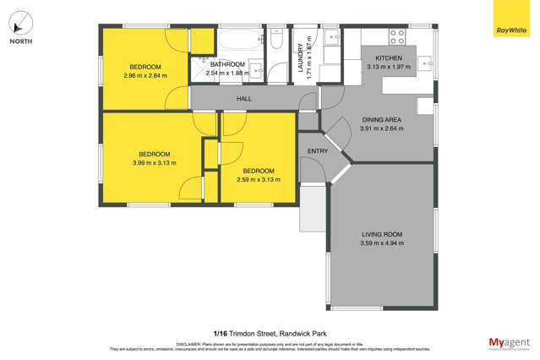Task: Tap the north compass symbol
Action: [22, 23]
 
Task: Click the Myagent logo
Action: [510, 343]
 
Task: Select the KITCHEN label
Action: [389, 58]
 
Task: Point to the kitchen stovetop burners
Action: [395, 36]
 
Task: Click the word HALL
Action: [244, 98]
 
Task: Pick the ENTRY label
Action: [318, 151]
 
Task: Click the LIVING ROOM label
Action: [381, 234]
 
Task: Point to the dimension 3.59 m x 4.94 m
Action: [381, 243]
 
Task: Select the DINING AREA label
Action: [381, 120]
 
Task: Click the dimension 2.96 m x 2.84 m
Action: [145, 76]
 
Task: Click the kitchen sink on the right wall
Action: [427, 62]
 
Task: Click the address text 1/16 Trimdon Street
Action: [237, 333]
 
